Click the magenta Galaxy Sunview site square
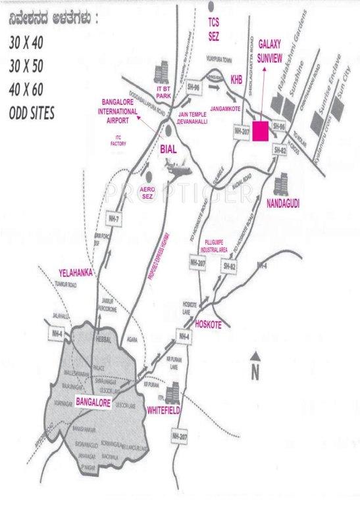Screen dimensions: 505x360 (261, 131)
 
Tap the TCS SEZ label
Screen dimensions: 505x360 (213, 28)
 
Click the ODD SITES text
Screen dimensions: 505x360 (32, 112)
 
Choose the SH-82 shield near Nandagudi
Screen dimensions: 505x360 (279, 152)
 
